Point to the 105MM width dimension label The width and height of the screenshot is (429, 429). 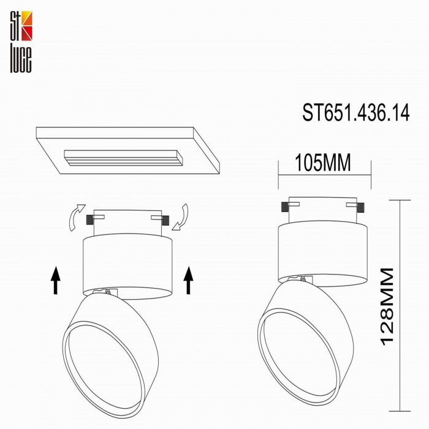(323, 162)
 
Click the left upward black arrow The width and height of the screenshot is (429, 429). (56, 280)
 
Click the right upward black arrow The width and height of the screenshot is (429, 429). (188, 280)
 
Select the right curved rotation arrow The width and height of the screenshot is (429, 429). (181, 218)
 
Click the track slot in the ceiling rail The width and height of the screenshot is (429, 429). (123, 158)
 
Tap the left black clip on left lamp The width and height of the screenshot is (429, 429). (92, 218)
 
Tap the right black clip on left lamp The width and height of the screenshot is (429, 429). (165, 218)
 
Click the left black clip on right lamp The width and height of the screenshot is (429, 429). (286, 206)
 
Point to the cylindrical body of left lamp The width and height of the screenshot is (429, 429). (127, 264)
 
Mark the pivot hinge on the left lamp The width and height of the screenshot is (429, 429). (109, 293)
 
